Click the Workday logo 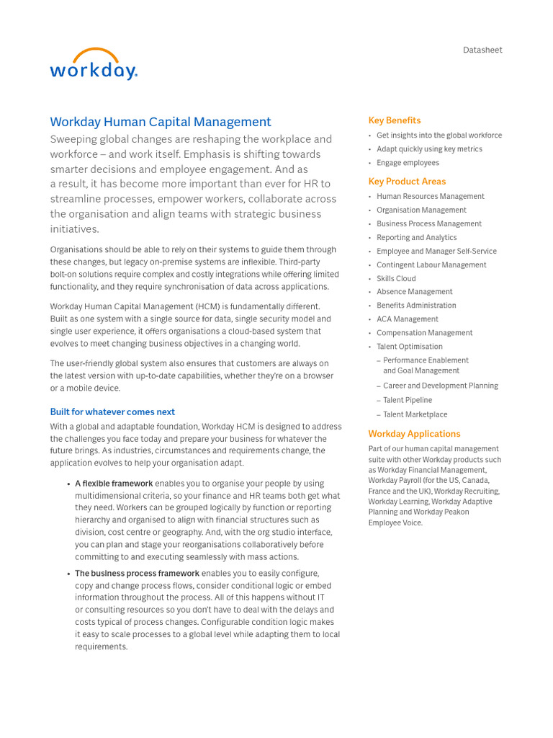click(x=93, y=65)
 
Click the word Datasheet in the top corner click(x=482, y=50)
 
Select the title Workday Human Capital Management click(x=161, y=122)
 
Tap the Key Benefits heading click(x=395, y=120)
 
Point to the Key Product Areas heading click(x=407, y=182)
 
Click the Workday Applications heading click(x=414, y=434)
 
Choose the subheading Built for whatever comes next click(x=112, y=412)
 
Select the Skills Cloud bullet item click(x=396, y=278)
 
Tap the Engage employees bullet click(x=408, y=163)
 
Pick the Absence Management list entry click(x=414, y=292)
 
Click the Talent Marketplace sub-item click(x=415, y=414)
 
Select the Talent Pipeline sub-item click(x=408, y=400)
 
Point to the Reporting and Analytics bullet click(x=416, y=237)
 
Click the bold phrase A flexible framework click(x=114, y=484)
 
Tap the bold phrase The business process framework click(x=137, y=574)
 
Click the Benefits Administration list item click(x=416, y=306)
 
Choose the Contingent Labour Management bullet click(x=431, y=264)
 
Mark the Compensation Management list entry click(x=424, y=333)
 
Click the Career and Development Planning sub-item click(x=440, y=386)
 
